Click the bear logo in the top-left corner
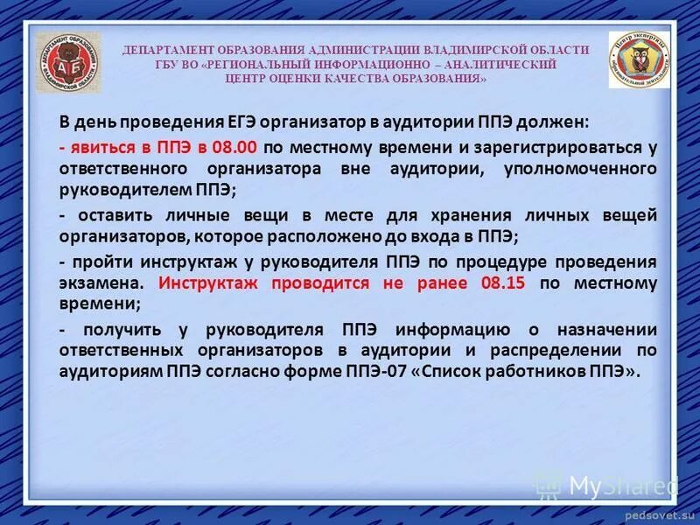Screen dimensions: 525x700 (68, 64)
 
